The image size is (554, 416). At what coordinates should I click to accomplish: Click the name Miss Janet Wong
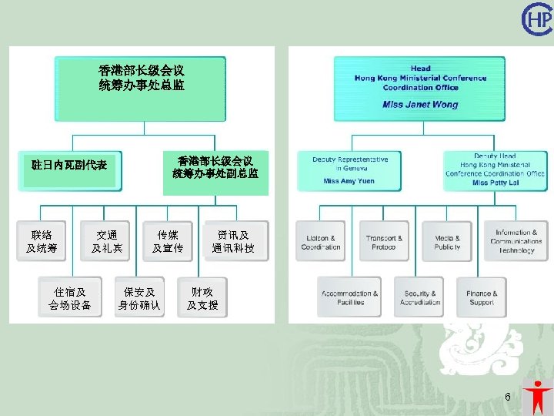[419, 105]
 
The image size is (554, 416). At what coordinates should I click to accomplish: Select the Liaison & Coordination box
[321, 243]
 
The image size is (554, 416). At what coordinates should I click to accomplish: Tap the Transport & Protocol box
[383, 243]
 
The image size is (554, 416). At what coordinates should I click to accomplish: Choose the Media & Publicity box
[446, 243]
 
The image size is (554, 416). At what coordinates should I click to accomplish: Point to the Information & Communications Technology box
[516, 242]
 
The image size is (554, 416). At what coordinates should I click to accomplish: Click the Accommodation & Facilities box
[350, 298]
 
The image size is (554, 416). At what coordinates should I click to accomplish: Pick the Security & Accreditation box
[420, 298]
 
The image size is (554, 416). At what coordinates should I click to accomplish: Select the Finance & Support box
[481, 298]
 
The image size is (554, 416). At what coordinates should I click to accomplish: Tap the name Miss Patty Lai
[496, 183]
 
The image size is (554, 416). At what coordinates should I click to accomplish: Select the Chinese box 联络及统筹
[42, 242]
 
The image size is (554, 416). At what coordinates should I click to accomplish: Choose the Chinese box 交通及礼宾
[106, 242]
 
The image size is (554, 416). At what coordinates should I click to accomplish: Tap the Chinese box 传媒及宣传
[168, 242]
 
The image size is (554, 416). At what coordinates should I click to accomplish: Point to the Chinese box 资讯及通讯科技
[233, 242]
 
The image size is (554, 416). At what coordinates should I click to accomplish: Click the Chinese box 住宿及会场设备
[70, 299]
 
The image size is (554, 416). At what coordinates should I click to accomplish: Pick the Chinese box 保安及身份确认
[139, 299]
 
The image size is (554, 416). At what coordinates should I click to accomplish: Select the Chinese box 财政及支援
[202, 299]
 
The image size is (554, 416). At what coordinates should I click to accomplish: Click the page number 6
[508, 397]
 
